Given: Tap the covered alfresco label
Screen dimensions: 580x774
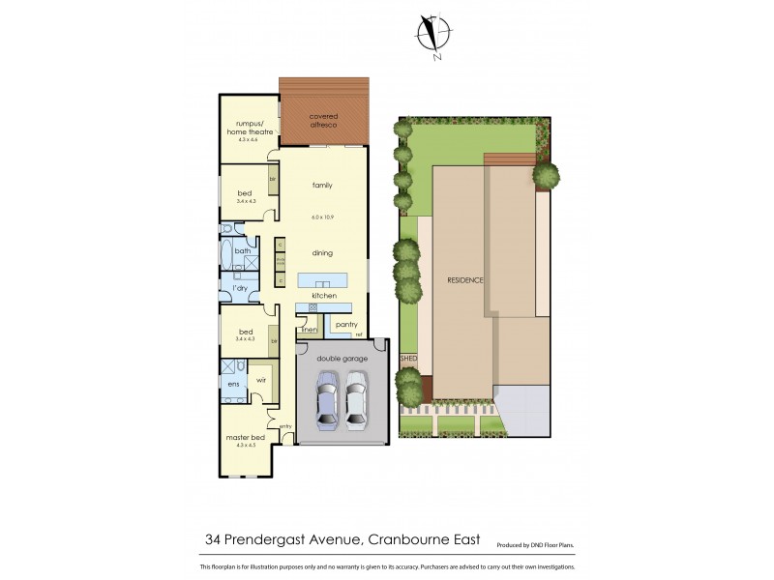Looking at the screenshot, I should click(324, 120).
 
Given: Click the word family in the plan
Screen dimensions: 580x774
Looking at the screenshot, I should click(322, 184).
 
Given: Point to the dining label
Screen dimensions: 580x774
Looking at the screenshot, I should click(322, 253).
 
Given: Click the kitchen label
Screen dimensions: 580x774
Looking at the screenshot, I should click(322, 294).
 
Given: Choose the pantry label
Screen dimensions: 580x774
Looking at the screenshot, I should click(347, 325).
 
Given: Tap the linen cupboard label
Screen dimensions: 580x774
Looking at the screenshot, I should click(310, 330).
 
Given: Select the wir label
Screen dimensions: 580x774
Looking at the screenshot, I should click(260, 381).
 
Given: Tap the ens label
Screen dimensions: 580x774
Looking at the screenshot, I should click(233, 385).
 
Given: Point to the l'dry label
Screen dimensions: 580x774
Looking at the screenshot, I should click(238, 288).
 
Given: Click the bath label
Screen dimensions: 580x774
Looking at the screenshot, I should click(242, 251).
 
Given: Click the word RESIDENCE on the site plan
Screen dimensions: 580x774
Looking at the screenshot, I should click(465, 280).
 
